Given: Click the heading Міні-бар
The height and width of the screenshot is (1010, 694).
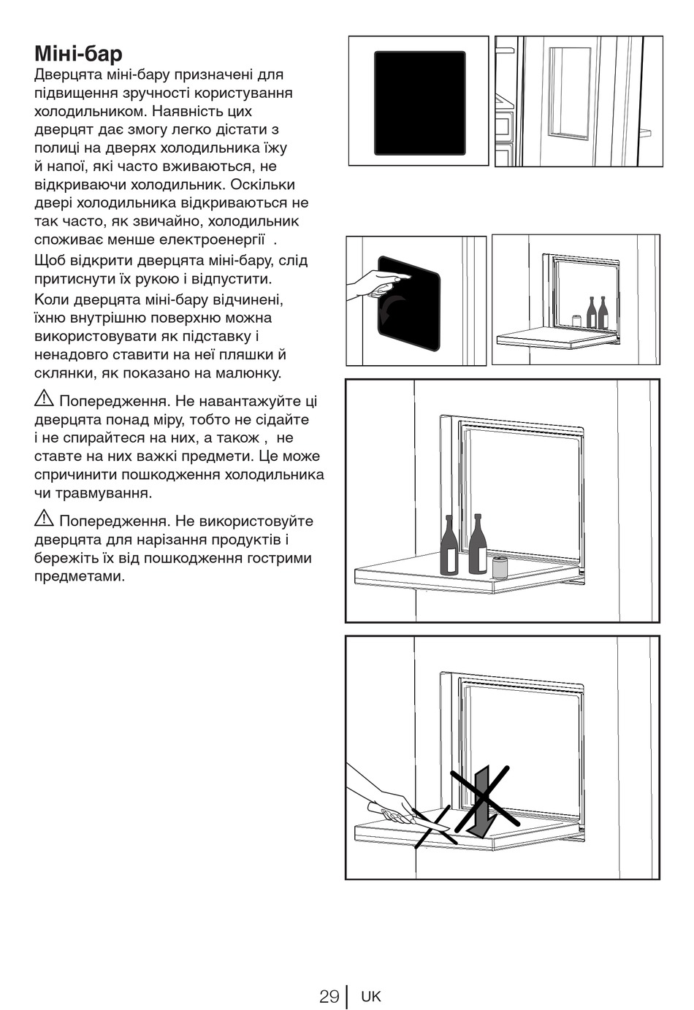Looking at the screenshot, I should coord(78,54).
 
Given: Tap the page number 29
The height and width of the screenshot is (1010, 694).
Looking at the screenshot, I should coord(329,996).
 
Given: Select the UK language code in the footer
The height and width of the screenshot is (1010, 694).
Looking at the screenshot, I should coord(371,996).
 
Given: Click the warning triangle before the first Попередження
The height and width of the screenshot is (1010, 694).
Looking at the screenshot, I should coord(44,399).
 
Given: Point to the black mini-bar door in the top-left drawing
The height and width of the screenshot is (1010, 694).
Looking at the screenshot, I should coord(420,103).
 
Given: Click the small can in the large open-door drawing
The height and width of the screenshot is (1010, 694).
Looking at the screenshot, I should coord(500,567).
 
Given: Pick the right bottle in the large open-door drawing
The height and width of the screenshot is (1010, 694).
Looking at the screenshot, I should coord(478,546).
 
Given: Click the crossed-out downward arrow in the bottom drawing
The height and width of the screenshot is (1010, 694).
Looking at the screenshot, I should coord(480,801).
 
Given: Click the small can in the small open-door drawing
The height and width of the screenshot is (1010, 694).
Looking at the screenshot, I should coord(576,321).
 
